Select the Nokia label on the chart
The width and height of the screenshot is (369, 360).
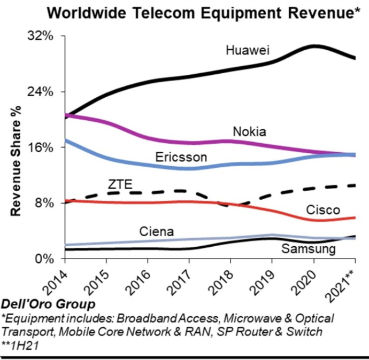click(249, 132)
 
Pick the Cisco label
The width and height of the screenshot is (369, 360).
click(323, 210)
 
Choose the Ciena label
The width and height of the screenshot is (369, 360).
click(156, 231)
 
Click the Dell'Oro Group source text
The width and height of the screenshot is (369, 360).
click(49, 304)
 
